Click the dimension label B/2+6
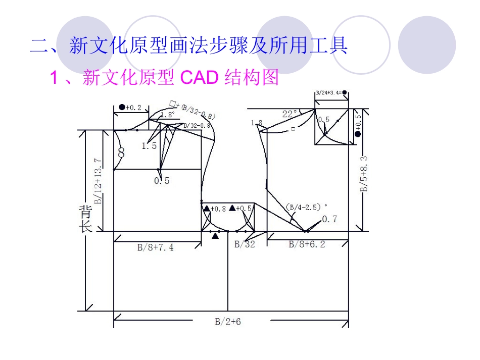pyautogui.click(x=228, y=321)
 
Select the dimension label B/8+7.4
pyautogui.click(x=156, y=247)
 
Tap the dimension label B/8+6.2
pyautogui.click(x=307, y=244)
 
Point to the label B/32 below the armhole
pyautogui.click(x=245, y=244)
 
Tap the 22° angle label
pyautogui.click(x=289, y=114)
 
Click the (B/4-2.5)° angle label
pyautogui.click(x=306, y=207)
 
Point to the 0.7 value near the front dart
pyautogui.click(x=329, y=219)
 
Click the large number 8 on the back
pyautogui.click(x=121, y=151)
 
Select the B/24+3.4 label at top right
pyautogui.click(x=331, y=93)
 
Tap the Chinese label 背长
pyautogui.click(x=84, y=218)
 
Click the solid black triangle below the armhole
pyautogui.click(x=216, y=236)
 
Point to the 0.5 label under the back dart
pyautogui.click(x=162, y=180)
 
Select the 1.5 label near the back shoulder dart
pyautogui.click(x=149, y=146)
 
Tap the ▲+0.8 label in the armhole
pyautogui.click(x=215, y=208)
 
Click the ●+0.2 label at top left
pyautogui.click(x=130, y=108)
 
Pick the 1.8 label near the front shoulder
pyautogui.click(x=257, y=123)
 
